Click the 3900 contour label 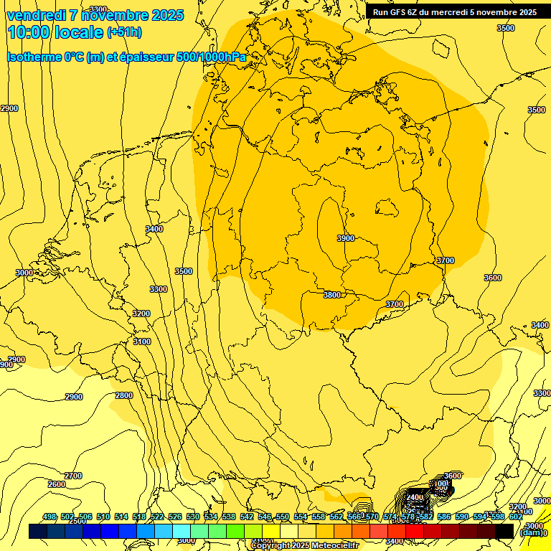point(346,238)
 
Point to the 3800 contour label point(332,295)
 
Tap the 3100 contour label point(142,342)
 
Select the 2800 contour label point(124,395)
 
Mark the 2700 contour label point(73,476)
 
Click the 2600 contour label point(57,484)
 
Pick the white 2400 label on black point(415,497)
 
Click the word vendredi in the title point(37,15)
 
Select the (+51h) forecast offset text point(124,32)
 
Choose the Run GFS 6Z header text point(400,11)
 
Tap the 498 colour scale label point(50,517)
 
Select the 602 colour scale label point(515,517)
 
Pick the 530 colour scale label point(193,517)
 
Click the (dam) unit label point(530,532)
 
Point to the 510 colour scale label point(103,517)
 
